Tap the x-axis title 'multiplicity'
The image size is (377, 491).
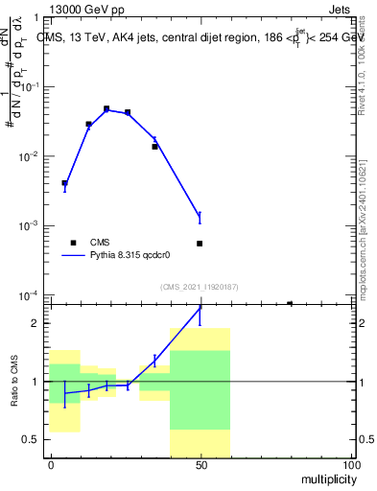pos(324,477)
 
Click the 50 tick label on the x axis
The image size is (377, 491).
pos(200,464)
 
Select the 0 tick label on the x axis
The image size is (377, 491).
pos(51,464)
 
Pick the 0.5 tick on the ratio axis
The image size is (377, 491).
pos(35,440)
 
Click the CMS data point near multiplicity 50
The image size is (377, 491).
pos(200,244)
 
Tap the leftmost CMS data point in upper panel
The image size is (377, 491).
pos(64,183)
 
